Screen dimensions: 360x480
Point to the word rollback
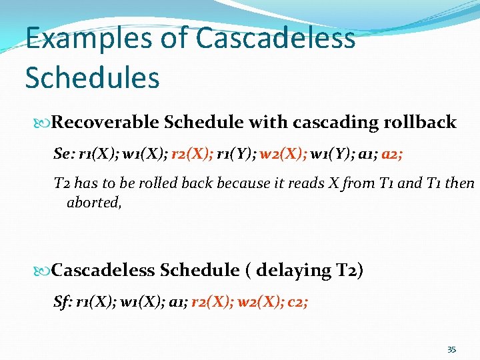coord(422,122)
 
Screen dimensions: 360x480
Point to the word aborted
coord(94,202)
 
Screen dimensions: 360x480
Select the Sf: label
coord(63,302)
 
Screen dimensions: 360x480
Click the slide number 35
coord(451,349)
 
